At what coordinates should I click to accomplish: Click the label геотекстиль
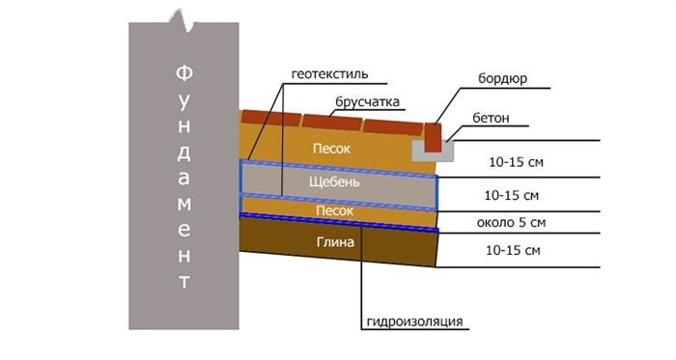pos(330,74)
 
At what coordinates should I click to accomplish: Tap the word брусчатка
pos(367,101)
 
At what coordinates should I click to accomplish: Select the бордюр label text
pos(502,79)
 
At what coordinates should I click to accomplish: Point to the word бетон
pos(491,118)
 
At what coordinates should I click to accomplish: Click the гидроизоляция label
pos(414,321)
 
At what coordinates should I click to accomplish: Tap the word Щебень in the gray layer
pos(334,182)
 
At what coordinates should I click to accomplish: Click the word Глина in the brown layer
pos(335,242)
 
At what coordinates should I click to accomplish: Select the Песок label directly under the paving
pos(331,149)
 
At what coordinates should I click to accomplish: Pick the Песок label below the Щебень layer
pos(334,210)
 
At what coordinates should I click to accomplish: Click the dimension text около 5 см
pos(511,223)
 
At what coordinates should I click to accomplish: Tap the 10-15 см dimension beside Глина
pos(513,250)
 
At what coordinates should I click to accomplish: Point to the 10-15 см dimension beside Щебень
pos(512,196)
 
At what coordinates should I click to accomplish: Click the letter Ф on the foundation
pos(184,72)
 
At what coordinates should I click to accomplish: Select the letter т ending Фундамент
pos(184,282)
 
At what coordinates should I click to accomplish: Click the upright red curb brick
pos(434,138)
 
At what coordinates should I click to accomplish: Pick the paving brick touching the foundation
pos(270,118)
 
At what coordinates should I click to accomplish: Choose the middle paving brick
pos(332,123)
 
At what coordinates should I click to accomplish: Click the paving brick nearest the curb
pos(393,127)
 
